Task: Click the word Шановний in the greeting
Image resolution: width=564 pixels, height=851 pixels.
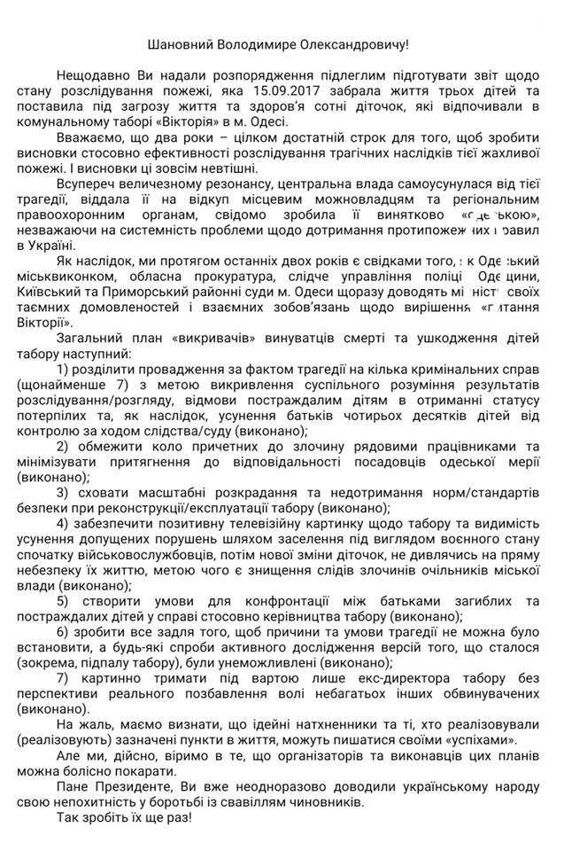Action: click(x=180, y=42)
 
